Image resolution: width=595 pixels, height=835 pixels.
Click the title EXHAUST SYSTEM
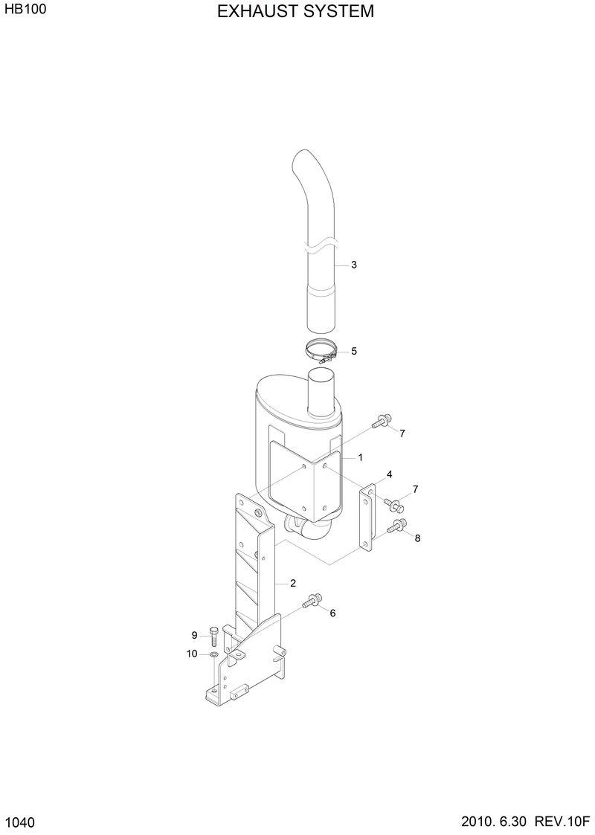point(296,12)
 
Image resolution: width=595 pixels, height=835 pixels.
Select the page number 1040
point(20,822)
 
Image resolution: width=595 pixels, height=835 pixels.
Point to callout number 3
point(354,265)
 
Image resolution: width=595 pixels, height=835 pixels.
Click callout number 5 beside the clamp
point(354,351)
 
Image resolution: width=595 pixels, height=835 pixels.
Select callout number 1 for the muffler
point(360,457)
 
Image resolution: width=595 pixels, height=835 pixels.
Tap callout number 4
point(389,474)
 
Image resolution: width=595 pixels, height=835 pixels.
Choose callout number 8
point(417,538)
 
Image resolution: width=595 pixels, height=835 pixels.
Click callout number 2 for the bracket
point(293,583)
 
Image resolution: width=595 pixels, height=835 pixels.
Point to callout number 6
point(332,613)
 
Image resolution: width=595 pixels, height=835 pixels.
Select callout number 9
point(194,635)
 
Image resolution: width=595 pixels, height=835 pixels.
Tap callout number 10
point(192,654)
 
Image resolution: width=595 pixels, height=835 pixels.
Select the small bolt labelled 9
point(214,634)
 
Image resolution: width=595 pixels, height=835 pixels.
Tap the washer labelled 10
point(214,654)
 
